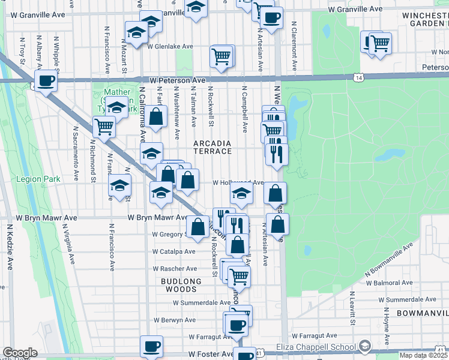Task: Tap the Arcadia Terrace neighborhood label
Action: point(212,147)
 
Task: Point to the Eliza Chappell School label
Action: point(315,346)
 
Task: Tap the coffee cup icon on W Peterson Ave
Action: point(46,80)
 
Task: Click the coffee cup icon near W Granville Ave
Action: point(271,17)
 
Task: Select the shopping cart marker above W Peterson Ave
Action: point(221,57)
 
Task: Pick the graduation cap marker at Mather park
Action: point(117,108)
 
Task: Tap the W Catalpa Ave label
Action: point(173,251)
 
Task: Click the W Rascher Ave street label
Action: point(175,269)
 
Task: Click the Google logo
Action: point(20,352)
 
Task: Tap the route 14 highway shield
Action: point(358,77)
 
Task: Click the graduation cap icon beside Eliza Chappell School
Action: point(364,346)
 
